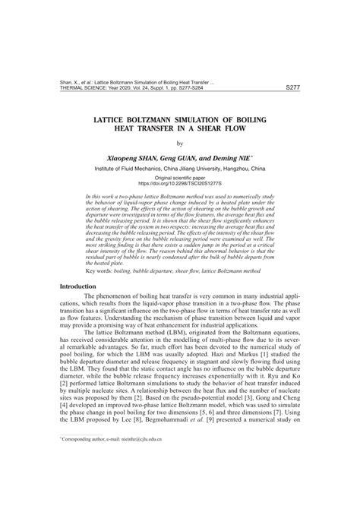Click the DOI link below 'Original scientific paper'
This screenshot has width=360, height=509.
tap(180, 183)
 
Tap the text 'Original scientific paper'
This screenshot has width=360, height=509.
tap(180, 176)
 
